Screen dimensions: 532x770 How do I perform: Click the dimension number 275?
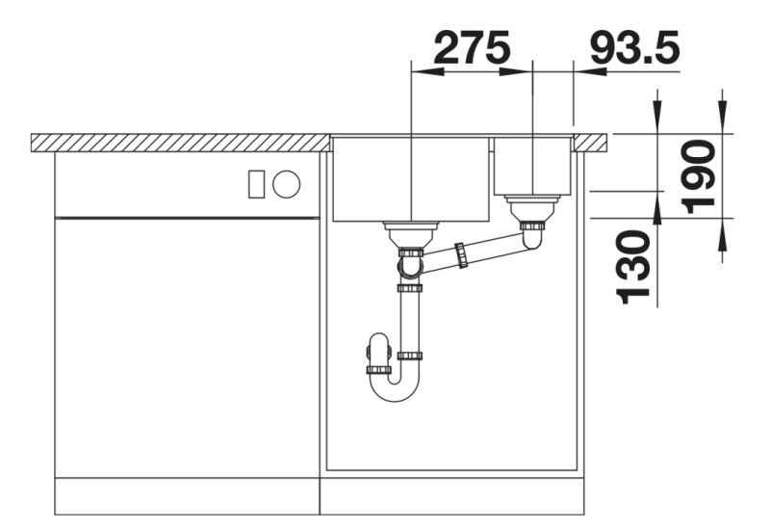coord(472,47)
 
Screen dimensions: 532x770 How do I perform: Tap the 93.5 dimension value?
coord(634,47)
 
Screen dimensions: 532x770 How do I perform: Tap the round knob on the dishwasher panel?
coord(286,183)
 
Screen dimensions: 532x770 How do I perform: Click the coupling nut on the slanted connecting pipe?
coord(462,254)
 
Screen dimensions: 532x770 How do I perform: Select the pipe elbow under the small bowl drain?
coord(532,236)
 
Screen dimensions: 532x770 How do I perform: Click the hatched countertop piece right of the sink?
coord(593,143)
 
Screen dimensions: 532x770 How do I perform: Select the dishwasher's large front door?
coord(187,347)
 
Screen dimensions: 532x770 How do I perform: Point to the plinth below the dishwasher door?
coord(187,495)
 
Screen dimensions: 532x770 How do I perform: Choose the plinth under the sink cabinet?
coord(452,495)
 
